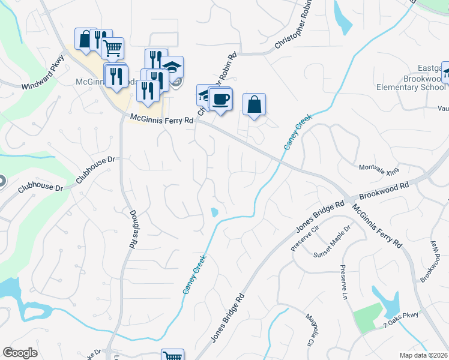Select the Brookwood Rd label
click(384, 192)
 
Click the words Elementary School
click(411, 87)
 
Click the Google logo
click(20, 353)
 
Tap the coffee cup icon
click(220, 98)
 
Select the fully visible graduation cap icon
click(172, 67)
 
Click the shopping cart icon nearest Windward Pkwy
click(113, 48)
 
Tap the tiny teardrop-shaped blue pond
click(214, 212)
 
